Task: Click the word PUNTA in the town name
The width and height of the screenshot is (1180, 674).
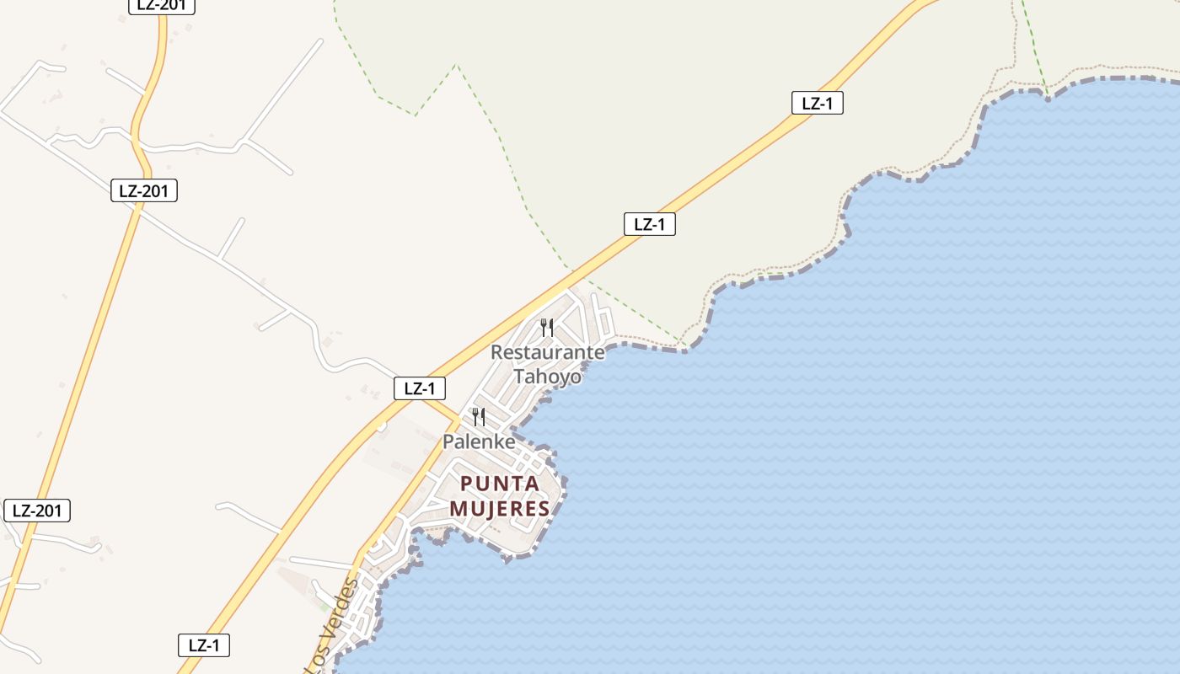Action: pos(500,484)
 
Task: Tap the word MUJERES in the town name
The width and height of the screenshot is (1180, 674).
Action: pos(500,509)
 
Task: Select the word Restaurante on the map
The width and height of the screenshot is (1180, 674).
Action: pos(548,352)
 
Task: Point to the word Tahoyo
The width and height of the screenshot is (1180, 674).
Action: pos(548,376)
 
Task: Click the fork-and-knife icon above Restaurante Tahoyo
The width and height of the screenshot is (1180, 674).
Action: pos(547,328)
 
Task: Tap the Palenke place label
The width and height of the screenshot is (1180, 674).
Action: pos(479,441)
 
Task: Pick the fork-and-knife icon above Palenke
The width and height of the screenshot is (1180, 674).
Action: pos(478,417)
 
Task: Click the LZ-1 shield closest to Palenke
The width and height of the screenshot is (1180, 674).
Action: pos(420,388)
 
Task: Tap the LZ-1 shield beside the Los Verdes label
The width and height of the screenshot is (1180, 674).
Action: pos(204,645)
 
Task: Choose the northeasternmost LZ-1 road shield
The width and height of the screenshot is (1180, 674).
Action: pos(818,103)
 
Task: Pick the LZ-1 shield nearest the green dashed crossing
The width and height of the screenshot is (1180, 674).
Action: pos(650,224)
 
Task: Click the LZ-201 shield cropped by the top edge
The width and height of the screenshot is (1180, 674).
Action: pos(162,5)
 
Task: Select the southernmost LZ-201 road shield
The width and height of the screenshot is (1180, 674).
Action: pos(37,510)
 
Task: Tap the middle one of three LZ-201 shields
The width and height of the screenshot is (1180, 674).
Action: pos(144,190)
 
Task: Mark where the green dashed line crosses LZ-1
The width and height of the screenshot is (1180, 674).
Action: pos(572,271)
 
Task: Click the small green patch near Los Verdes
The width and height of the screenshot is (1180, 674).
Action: pos(324,606)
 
